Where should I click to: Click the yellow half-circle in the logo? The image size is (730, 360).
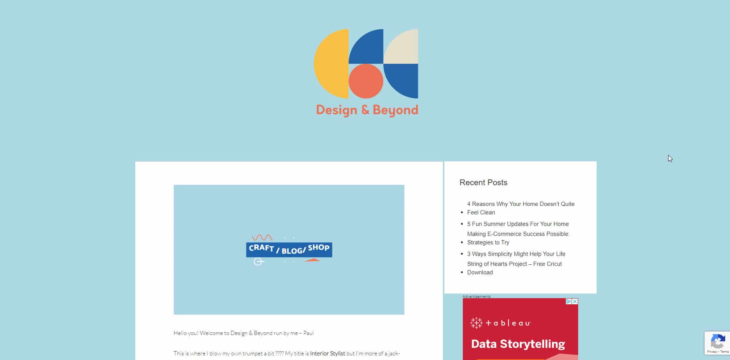click(331, 64)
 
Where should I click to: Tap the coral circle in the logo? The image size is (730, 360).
click(366, 81)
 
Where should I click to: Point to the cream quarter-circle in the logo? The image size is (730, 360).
click(401, 46)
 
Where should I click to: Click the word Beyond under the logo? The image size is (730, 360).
click(395, 110)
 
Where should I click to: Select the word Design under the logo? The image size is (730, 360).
click(337, 110)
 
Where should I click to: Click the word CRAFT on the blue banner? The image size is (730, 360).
click(261, 248)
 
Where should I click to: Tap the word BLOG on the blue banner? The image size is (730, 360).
click(292, 251)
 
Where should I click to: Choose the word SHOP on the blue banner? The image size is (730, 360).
click(319, 247)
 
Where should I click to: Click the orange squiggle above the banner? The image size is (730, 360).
click(262, 237)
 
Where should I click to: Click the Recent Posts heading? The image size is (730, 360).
click(483, 182)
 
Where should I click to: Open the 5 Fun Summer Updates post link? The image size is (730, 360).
click(518, 224)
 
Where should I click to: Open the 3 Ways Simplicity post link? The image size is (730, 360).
click(516, 254)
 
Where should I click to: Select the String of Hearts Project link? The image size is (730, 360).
click(514, 268)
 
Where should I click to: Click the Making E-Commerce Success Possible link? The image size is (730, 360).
click(518, 238)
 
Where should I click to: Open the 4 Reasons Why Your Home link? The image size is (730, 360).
click(521, 208)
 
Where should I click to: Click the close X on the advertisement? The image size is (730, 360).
click(575, 302)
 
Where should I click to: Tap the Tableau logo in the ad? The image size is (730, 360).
click(501, 323)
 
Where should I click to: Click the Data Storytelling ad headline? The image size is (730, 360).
click(518, 344)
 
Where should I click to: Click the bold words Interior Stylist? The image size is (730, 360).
click(328, 353)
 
